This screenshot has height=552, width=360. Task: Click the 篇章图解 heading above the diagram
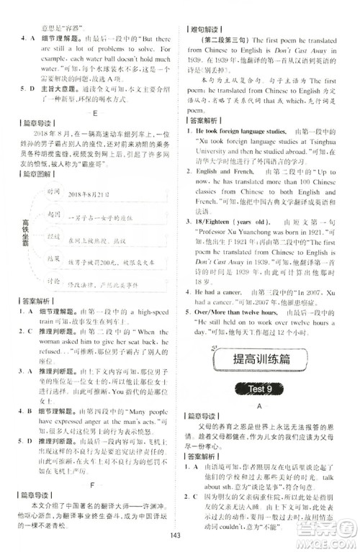(x=35, y=174)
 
